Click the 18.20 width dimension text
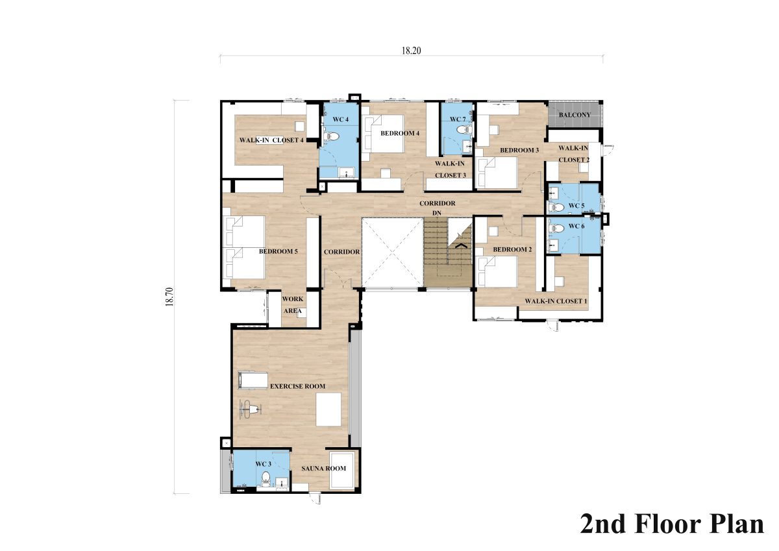tap(411, 51)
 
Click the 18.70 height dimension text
tap(169, 297)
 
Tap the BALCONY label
tap(575, 115)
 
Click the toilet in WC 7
tap(464, 130)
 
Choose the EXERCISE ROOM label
tap(298, 386)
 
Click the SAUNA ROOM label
tap(323, 469)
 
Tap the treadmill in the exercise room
tap(253, 380)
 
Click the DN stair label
tap(437, 213)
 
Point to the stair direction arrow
tap(461, 246)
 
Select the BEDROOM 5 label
tap(278, 251)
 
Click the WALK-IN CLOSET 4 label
tap(271, 140)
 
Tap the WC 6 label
tap(576, 227)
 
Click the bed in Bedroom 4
tap(382, 134)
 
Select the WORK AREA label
tap(293, 305)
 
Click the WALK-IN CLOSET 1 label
tap(556, 301)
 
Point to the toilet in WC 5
tap(556, 208)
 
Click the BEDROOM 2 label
tap(512, 250)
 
